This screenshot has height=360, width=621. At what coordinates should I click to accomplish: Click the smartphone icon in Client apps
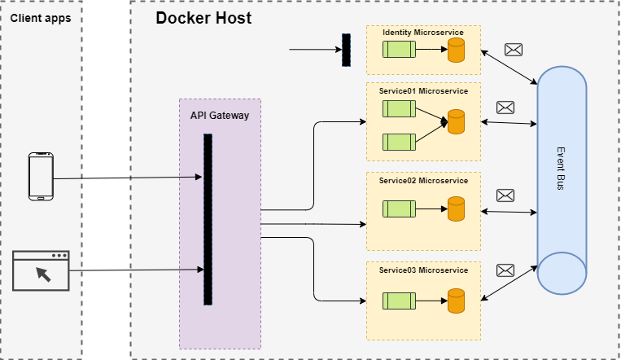pos(41,176)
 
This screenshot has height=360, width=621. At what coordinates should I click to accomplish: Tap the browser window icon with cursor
pos(42,271)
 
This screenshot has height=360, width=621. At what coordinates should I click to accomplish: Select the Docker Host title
pos(203,17)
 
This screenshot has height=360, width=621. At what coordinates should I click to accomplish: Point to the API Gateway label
pos(220,116)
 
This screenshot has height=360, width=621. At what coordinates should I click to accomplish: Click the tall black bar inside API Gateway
pos(208,220)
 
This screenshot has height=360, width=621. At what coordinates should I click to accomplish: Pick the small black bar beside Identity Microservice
pos(346,50)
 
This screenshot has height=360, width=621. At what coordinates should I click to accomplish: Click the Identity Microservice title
pos(423,33)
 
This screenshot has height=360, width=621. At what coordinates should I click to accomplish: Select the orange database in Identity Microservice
pos(456,50)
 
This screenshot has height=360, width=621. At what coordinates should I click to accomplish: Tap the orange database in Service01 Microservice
pos(456,122)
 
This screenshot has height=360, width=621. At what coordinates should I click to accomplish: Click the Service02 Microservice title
pos(423,180)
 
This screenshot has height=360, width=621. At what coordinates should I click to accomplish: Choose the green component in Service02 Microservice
pos(400,209)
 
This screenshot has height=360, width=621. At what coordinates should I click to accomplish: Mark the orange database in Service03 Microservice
pos(456,300)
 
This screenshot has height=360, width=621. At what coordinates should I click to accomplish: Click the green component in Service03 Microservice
pos(400,299)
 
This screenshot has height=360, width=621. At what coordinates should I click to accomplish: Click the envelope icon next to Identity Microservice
pos(514,50)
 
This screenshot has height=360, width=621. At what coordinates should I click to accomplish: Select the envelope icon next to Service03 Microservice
pos(505,270)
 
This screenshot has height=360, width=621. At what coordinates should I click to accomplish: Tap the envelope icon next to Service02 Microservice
pos(505,195)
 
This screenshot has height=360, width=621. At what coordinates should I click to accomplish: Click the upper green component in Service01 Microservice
pos(400,110)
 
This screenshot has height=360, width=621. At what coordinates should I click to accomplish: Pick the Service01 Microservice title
pos(423,90)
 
